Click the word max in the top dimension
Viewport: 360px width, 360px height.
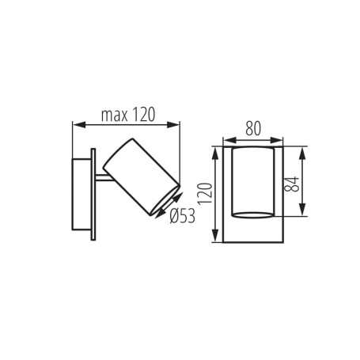[x=116, y=115]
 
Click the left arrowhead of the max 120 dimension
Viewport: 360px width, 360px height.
[x=76, y=124]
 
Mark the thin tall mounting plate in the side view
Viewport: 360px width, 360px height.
[x=93, y=193]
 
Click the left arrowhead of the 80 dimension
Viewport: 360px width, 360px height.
[x=226, y=139]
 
